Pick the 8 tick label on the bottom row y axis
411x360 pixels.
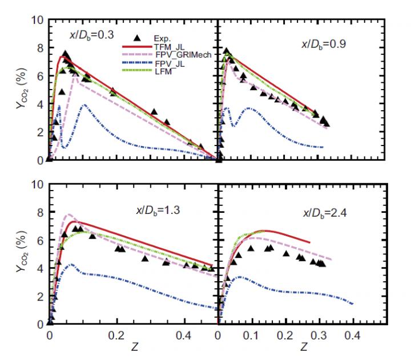click(41, 213)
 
